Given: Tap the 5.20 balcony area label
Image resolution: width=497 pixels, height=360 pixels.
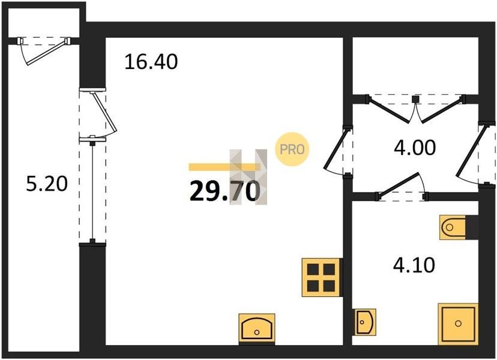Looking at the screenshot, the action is [47, 184].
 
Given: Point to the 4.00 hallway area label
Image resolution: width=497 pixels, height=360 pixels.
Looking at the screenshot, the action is [415, 148].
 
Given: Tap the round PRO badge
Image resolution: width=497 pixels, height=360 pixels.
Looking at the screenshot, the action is [292, 149].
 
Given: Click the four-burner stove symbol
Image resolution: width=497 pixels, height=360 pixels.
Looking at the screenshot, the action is [321, 277].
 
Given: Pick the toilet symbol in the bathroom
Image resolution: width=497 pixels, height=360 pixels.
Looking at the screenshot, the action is [453, 227].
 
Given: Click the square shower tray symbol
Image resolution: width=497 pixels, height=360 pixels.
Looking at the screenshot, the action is [458, 323].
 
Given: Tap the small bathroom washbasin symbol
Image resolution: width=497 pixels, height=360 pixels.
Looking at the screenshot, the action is [366, 322].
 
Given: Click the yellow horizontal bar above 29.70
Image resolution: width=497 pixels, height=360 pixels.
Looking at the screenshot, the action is [224, 167].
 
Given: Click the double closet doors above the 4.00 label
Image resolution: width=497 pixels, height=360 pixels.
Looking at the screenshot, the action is [415, 109].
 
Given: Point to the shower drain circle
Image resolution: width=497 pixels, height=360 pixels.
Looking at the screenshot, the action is [458, 323].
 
